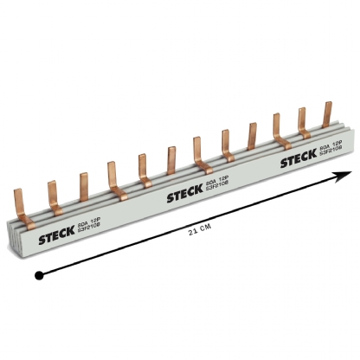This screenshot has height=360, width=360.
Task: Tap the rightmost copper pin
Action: pyautogui.click(x=327, y=117)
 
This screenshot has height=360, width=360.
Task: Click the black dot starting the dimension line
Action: pyautogui.click(x=38, y=275)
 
